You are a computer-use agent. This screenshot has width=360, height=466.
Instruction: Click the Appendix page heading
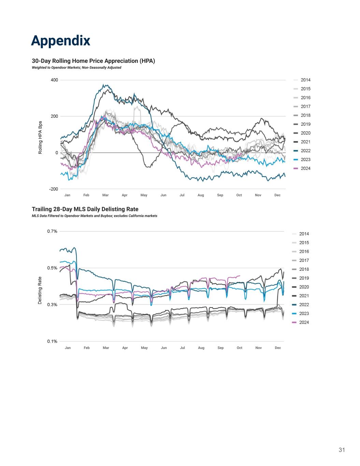[60, 40]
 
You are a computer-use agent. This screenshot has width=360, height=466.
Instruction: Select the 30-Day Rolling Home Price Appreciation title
[93, 61]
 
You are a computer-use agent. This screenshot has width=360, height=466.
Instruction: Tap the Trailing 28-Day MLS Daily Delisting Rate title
[85, 209]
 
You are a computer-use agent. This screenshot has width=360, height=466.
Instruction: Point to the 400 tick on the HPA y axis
[55, 80]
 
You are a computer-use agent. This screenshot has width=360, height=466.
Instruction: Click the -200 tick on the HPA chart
[54, 189]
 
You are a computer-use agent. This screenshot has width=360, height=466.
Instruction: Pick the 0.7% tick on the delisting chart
[52, 231]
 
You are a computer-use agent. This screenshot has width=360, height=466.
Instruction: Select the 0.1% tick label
[52, 341]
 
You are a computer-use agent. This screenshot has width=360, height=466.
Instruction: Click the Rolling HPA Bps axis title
[40, 137]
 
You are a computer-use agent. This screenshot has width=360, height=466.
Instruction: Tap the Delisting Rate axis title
[40, 291]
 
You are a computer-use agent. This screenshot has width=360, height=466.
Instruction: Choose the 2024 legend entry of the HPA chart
[305, 168]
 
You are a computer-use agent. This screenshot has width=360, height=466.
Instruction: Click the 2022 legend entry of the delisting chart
[304, 305]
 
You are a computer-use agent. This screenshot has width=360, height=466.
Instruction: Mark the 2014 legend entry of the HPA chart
[305, 80]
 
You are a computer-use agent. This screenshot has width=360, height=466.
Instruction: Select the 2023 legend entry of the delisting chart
[304, 313]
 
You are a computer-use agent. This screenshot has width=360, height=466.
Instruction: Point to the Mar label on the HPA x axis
[105, 195]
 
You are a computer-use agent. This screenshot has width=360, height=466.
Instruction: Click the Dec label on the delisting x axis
[278, 348]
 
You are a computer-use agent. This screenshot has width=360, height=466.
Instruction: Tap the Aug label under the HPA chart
[201, 195]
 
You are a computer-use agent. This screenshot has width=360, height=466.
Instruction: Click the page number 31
[342, 450]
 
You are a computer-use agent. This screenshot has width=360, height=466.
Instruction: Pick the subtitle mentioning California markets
[95, 216]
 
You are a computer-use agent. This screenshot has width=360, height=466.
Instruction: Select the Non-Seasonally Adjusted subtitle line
[76, 68]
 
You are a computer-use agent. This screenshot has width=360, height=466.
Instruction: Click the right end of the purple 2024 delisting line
[240, 276]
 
